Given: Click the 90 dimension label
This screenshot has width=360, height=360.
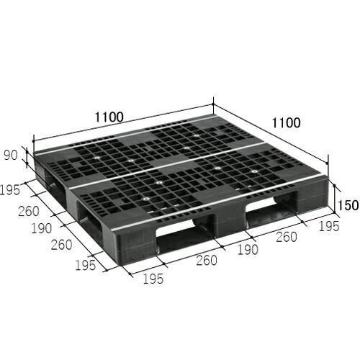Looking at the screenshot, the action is point(11,156).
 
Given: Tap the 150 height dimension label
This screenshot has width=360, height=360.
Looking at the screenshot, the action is point(348,205).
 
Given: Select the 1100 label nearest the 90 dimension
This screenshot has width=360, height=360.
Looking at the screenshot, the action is point(109,117).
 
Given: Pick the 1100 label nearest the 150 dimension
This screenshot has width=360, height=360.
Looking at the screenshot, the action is point(286,123).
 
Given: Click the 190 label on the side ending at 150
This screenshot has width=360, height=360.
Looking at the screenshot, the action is point(248,250).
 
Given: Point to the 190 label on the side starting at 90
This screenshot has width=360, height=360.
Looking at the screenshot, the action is point(42,228).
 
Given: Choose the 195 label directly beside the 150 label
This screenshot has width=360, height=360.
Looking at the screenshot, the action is point(329,226).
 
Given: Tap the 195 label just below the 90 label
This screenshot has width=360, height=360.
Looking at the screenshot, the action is point(9,190).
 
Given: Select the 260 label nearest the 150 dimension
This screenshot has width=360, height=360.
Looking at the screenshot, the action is point(287,237).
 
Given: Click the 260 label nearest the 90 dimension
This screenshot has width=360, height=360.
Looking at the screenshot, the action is point(29,211).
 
